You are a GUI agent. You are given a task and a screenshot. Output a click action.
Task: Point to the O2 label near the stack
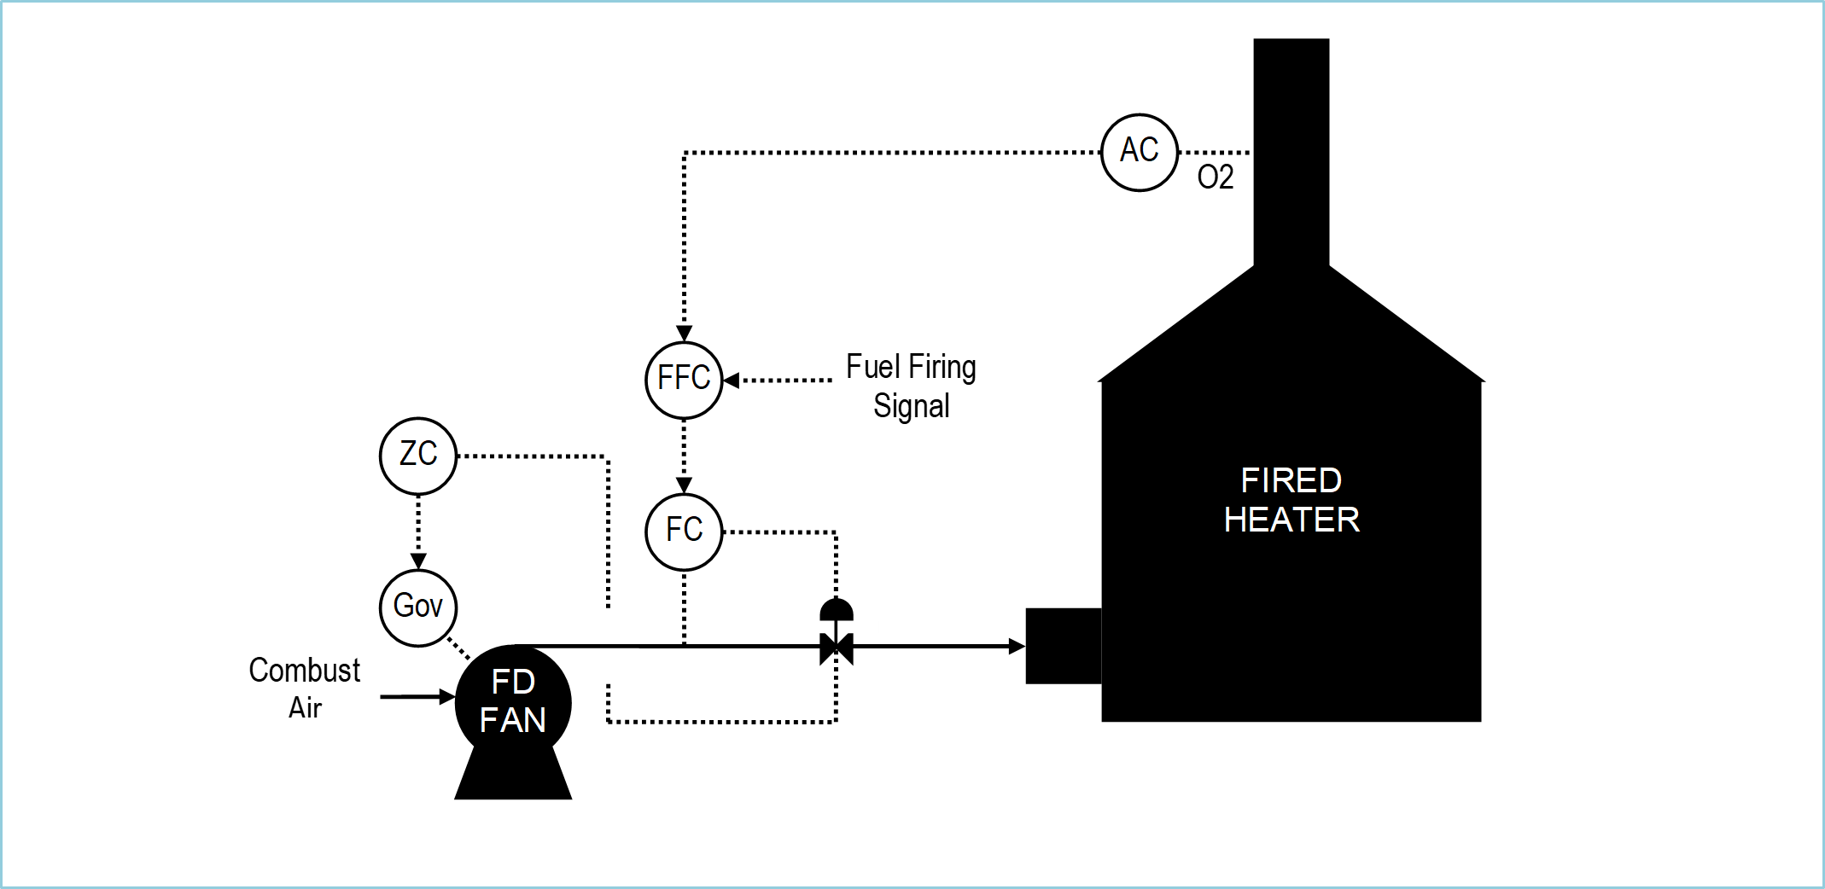(x=1216, y=177)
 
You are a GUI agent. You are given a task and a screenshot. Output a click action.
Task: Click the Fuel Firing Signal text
(x=911, y=386)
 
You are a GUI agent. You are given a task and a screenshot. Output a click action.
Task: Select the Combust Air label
(x=305, y=689)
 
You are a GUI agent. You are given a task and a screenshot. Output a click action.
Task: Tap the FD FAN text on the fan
(x=513, y=700)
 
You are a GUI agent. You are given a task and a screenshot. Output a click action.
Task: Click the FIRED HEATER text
(x=1291, y=500)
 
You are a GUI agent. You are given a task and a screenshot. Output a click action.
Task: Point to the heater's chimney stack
(x=1291, y=154)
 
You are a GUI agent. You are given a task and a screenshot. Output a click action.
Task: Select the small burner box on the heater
(x=1064, y=646)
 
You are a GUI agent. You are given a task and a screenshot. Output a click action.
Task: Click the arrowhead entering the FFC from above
(x=684, y=333)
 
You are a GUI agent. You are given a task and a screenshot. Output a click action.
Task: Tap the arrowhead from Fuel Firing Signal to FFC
(x=732, y=380)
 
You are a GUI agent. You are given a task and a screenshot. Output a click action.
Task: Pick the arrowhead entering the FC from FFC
(x=684, y=485)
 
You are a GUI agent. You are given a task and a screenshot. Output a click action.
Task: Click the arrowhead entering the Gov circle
(x=418, y=561)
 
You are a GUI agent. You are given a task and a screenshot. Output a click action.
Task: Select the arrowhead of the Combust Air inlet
(x=447, y=697)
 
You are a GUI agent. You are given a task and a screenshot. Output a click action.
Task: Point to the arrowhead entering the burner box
(x=1017, y=646)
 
